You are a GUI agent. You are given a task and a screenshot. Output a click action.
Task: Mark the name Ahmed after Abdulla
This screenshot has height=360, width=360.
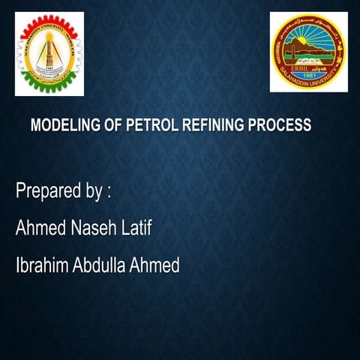(155, 265)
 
